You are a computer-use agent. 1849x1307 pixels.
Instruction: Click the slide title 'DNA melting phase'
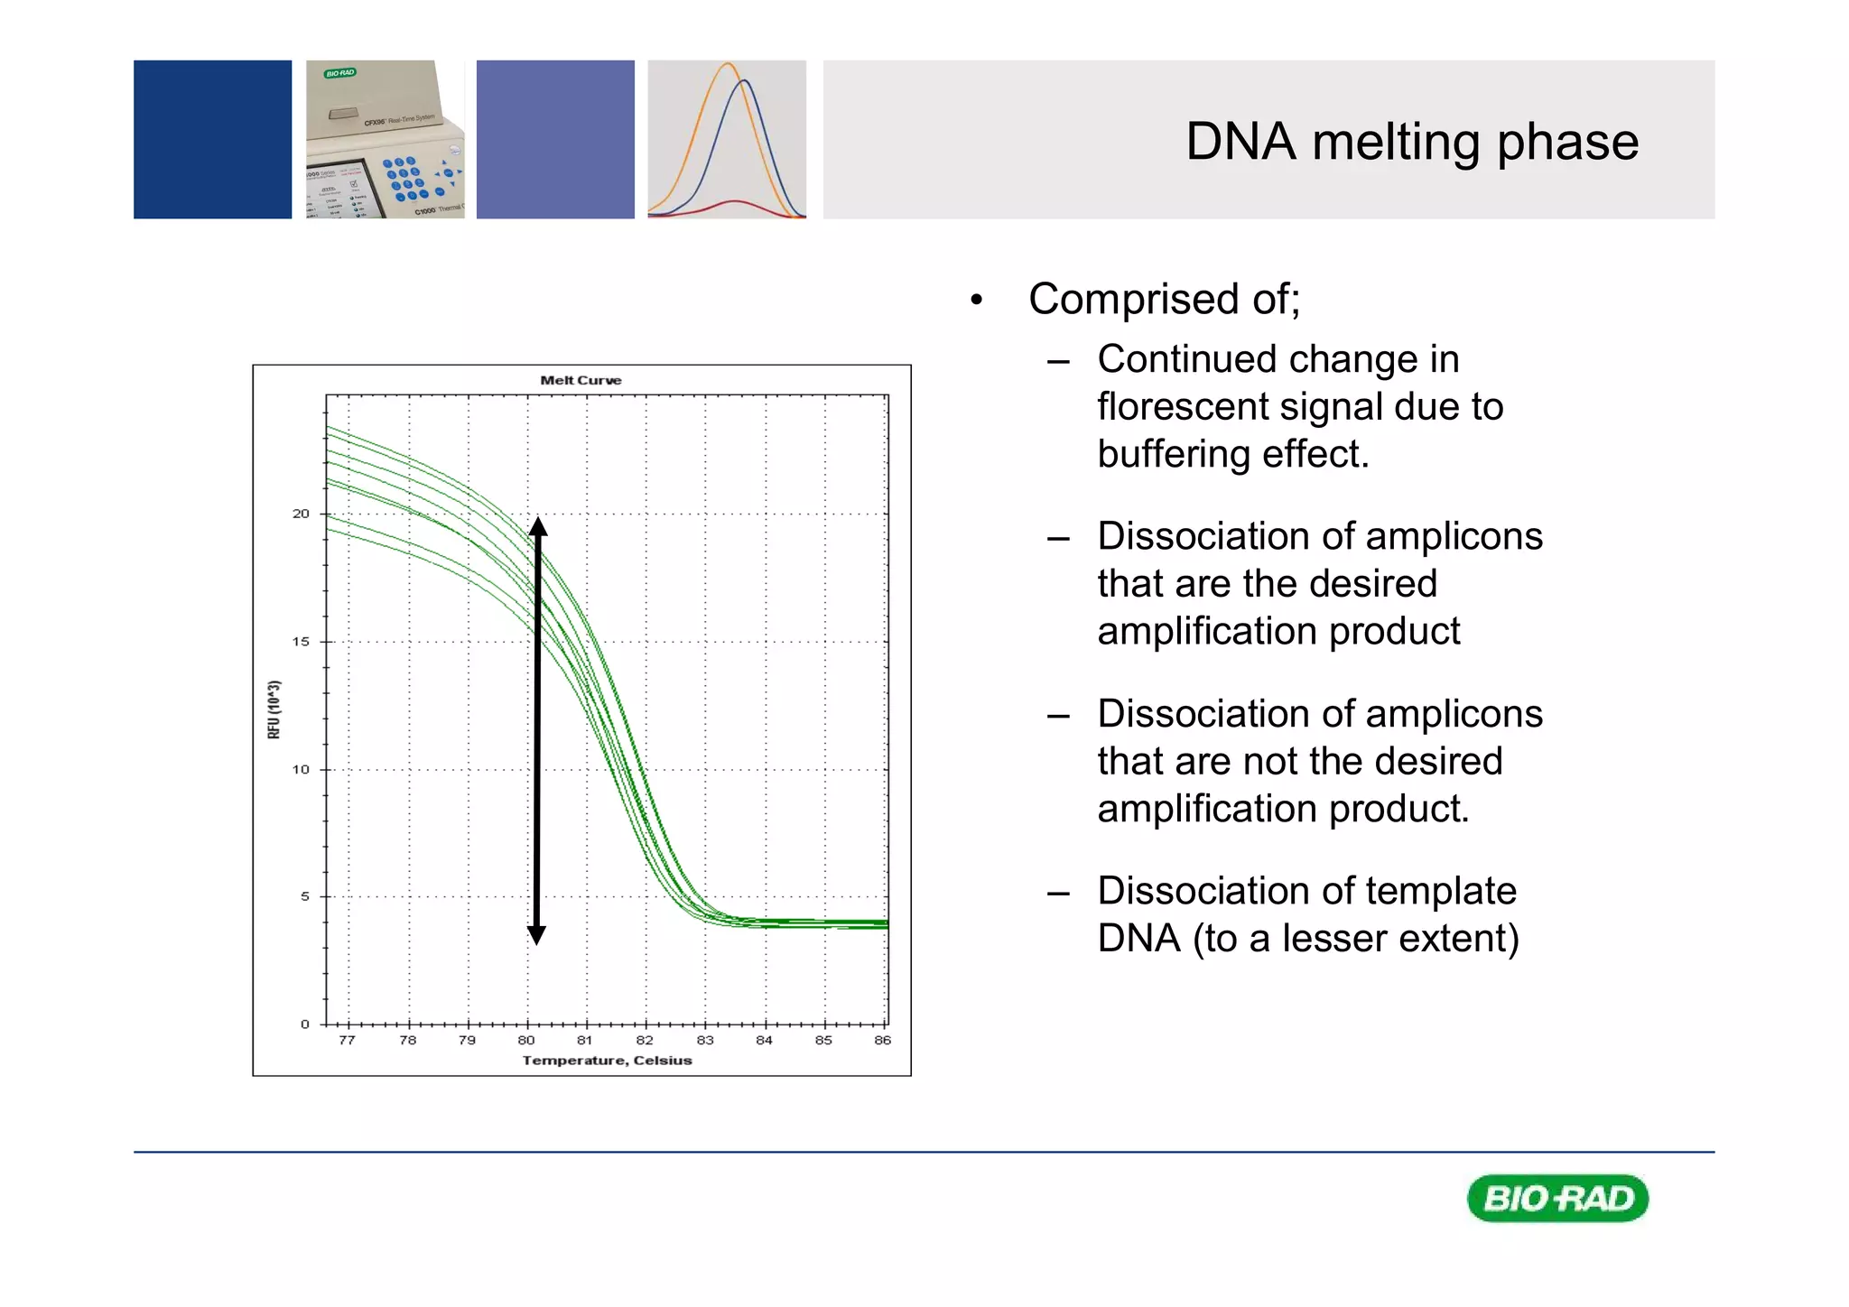coord(1411,142)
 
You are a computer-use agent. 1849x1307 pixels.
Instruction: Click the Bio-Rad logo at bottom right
coord(1557,1198)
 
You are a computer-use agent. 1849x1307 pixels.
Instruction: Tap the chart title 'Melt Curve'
coord(581,380)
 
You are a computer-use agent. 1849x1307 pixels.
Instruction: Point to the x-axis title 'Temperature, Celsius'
coord(607,1060)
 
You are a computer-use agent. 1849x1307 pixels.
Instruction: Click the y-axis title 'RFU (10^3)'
coord(274,709)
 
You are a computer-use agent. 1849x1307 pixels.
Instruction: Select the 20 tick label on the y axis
coord(301,514)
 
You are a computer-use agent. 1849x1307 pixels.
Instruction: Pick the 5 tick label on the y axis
coord(304,896)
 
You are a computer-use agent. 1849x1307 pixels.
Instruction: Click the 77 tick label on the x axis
coord(347,1040)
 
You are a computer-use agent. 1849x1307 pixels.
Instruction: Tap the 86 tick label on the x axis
coord(882,1040)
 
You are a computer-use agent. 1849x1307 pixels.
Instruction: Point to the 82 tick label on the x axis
coord(645,1040)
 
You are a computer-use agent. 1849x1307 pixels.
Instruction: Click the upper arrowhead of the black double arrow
coord(537,526)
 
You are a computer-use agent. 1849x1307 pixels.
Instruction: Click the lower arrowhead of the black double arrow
coord(536,935)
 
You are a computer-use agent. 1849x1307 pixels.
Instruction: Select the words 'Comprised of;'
coord(1164,299)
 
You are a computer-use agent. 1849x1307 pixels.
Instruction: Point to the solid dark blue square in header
coord(212,139)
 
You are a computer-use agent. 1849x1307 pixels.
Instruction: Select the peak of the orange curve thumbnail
coord(728,65)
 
